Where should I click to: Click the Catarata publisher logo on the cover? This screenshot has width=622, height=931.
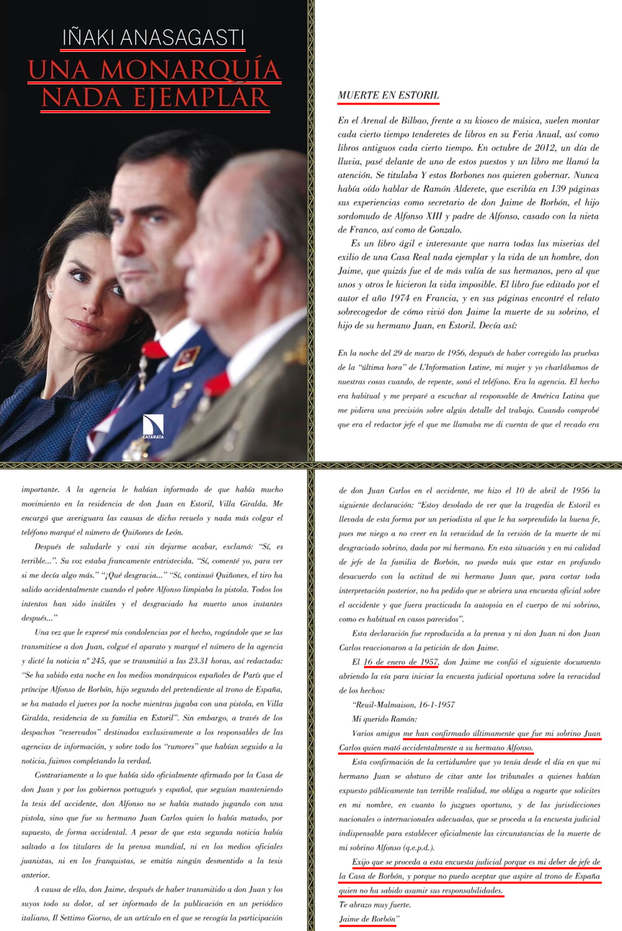(154, 428)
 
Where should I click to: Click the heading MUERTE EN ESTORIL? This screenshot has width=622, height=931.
(388, 95)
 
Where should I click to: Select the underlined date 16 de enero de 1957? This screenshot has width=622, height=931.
(401, 662)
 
